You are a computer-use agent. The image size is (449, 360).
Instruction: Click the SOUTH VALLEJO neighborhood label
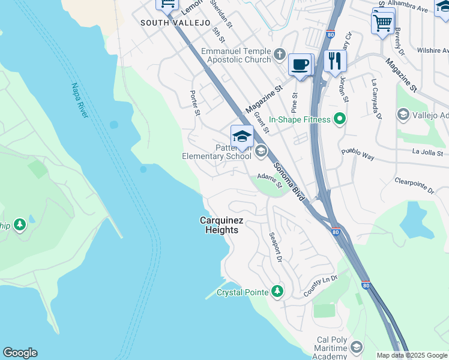[x=175, y=23]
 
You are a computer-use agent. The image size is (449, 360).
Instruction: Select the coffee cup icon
[x=300, y=65]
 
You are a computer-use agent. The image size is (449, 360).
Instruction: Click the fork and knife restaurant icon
[x=335, y=61]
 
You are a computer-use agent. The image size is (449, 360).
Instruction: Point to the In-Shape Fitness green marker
[x=339, y=119]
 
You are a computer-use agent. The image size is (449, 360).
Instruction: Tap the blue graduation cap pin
[x=242, y=136]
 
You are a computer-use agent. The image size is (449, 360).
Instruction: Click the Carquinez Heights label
[x=221, y=225]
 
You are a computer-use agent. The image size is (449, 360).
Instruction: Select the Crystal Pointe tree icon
[x=276, y=292]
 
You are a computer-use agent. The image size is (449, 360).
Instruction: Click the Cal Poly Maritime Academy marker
[x=356, y=347]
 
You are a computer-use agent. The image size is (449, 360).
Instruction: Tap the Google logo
[x=20, y=353]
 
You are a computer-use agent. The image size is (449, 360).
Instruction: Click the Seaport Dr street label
[x=275, y=247]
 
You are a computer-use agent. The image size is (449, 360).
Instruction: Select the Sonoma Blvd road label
[x=289, y=178]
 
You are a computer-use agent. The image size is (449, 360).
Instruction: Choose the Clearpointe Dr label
[x=414, y=185]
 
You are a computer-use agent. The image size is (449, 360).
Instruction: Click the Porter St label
[x=194, y=103]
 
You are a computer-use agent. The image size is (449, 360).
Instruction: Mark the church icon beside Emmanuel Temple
[x=279, y=55]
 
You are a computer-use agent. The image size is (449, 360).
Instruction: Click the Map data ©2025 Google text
[x=412, y=355]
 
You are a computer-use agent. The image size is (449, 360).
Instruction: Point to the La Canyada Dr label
[x=376, y=99]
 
